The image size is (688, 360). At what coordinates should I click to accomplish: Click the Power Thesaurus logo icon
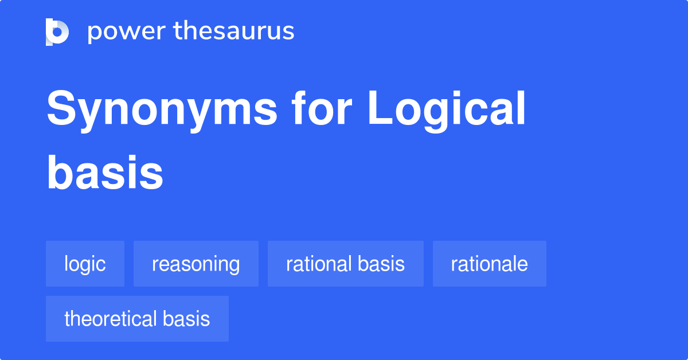tap(57, 32)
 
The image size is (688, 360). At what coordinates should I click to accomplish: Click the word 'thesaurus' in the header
tap(234, 32)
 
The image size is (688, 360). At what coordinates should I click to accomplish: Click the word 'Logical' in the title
tap(447, 110)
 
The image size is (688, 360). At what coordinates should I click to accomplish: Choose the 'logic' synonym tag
tap(85, 264)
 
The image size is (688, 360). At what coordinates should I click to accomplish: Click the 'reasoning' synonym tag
tap(196, 264)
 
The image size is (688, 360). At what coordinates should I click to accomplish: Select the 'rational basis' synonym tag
tap(345, 264)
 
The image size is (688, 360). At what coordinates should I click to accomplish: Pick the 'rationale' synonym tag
tap(489, 264)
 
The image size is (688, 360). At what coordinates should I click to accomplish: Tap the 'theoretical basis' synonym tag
tap(137, 319)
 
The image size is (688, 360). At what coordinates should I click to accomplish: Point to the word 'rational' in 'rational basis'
tap(319, 264)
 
